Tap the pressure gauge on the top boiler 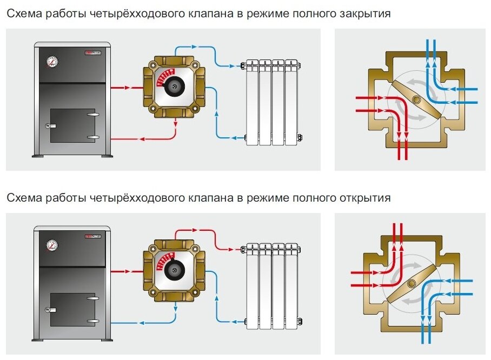coord(52,62)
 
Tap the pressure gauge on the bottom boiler coord(52,245)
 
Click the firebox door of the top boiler coord(72,125)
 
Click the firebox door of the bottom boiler coord(72,310)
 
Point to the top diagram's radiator coord(271,102)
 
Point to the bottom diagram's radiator coord(271,286)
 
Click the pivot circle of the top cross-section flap coord(417,99)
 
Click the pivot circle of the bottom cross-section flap coord(412,284)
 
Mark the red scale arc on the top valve coord(163,76)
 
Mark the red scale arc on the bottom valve coord(163,260)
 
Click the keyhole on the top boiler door coord(48,126)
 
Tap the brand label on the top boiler coord(92,53)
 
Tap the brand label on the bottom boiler coord(92,237)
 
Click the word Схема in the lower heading coord(24,198)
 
